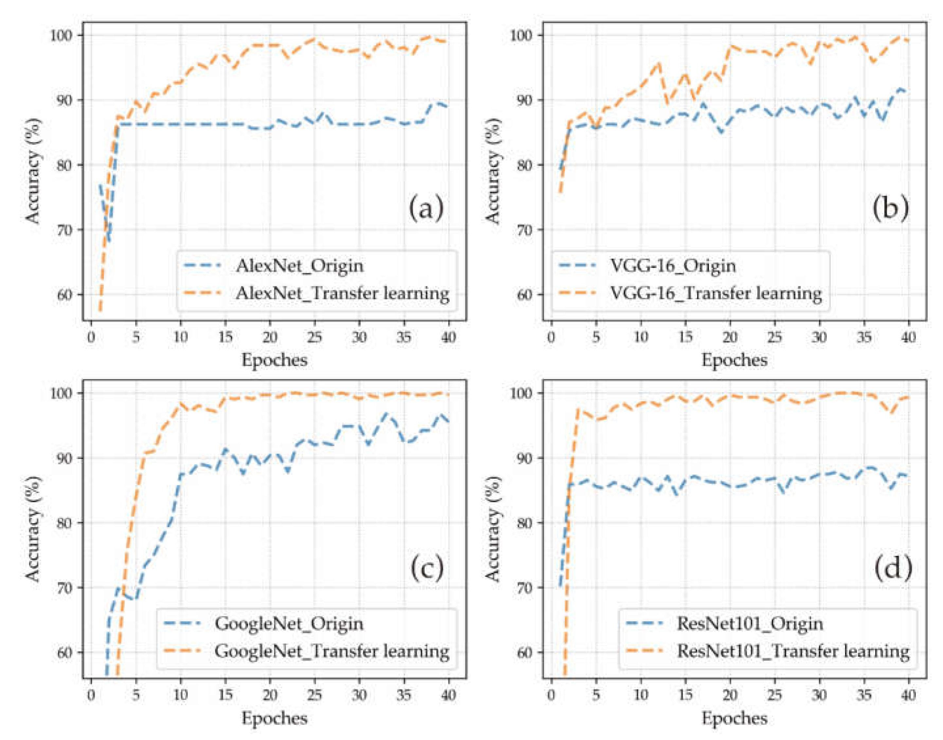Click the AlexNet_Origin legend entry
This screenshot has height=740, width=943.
(299, 265)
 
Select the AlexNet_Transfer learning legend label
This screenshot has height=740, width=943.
(342, 293)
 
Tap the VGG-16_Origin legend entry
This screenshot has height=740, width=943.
(673, 265)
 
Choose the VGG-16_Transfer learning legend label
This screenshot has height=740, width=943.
(716, 293)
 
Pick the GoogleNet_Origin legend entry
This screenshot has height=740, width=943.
(289, 624)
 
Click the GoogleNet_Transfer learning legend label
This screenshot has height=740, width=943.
(332, 651)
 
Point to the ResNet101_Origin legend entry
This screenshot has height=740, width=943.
(750, 624)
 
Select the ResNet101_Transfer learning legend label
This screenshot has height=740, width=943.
(793, 651)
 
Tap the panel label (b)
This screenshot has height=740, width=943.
(891, 208)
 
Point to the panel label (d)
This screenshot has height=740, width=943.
(893, 568)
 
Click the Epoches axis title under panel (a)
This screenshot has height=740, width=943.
(274, 360)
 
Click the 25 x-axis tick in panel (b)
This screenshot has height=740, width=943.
(775, 337)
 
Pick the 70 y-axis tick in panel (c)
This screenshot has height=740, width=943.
(64, 588)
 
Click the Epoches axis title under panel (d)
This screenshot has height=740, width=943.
(734, 718)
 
